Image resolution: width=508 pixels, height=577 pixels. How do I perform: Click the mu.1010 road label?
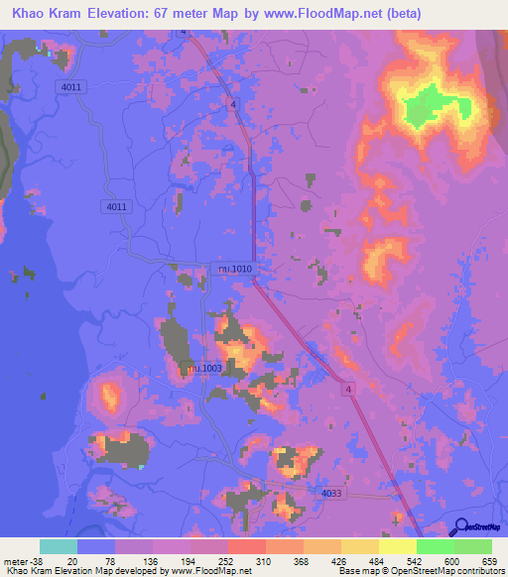(235, 268)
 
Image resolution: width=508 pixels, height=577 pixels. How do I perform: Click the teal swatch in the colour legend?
(59, 546)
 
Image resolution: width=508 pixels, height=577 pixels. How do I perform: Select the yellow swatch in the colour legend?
(398, 546)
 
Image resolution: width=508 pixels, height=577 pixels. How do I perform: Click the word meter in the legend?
(15, 561)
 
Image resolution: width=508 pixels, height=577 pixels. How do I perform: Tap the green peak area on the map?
(427, 103)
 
